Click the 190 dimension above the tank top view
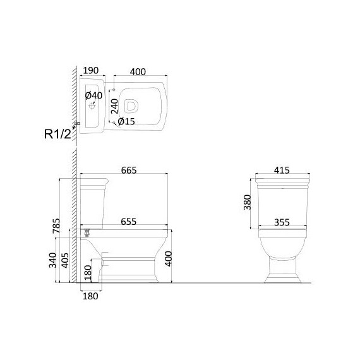tap(91, 71)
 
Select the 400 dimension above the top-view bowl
tap(138, 72)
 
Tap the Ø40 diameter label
tap(93, 95)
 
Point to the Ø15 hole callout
tap(126, 121)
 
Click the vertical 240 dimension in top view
tap(114, 106)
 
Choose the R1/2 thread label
tap(58, 134)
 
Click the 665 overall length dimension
tap(129, 171)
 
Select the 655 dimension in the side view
tap(129, 222)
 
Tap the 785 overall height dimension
tap(56, 226)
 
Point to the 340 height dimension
tap(53, 260)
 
